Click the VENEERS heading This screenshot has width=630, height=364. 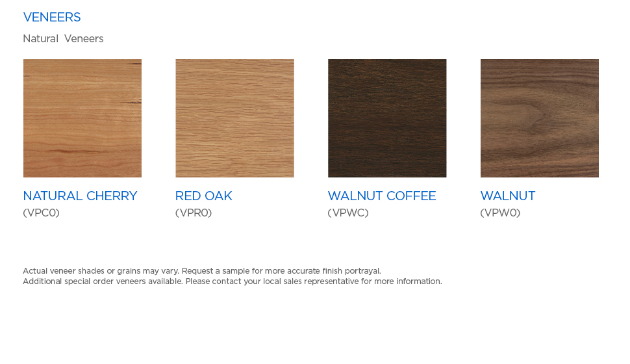[52, 18]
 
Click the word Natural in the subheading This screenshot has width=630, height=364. [40, 38]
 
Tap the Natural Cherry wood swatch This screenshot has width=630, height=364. [82, 118]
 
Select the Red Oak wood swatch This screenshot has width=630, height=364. [234, 118]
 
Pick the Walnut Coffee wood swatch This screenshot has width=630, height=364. [387, 118]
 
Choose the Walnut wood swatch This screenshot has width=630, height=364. [540, 118]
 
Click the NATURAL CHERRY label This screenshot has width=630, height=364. [80, 196]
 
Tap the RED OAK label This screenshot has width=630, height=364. [204, 196]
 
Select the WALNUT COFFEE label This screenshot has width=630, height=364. [382, 196]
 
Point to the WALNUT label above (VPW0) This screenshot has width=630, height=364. [508, 196]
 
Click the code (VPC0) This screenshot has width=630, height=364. [42, 213]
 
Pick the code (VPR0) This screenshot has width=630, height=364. [194, 213]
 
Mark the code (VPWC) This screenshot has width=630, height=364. [348, 213]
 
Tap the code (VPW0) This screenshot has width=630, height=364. [500, 213]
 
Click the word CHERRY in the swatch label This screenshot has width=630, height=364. [112, 196]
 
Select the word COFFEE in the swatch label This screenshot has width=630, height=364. [411, 196]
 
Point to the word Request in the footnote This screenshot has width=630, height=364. [197, 271]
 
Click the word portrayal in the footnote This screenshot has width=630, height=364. [363, 271]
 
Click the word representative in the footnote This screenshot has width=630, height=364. [331, 281]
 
